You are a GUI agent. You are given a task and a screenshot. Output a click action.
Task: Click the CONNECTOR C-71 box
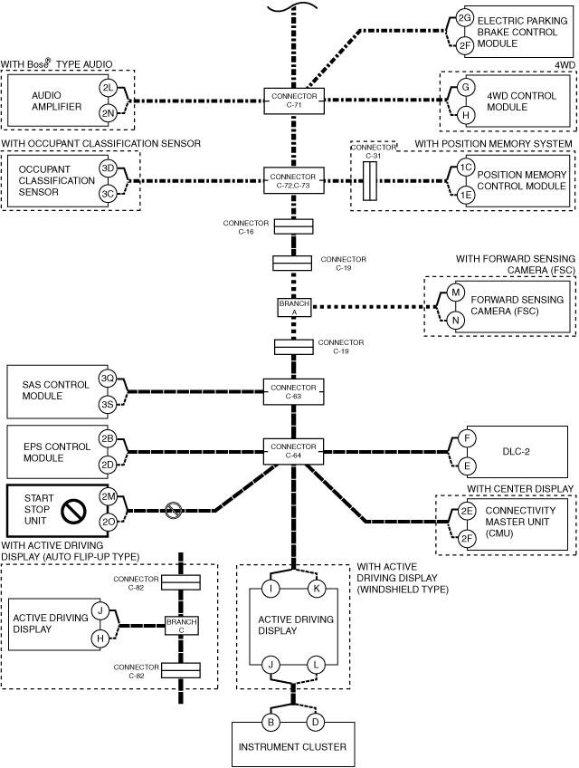(x=294, y=101)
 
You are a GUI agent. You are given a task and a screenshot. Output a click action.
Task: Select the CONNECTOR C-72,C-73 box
(x=294, y=181)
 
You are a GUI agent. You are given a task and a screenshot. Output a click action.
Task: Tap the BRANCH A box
(x=294, y=307)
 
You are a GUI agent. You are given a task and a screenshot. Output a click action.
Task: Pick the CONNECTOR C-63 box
(x=294, y=392)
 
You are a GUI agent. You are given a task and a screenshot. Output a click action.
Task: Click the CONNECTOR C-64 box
(x=294, y=451)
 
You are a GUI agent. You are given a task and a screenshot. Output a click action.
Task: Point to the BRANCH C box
(x=181, y=626)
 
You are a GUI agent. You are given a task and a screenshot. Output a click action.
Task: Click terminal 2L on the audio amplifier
(x=108, y=88)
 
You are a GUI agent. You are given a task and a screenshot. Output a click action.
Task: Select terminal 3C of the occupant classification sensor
(x=108, y=194)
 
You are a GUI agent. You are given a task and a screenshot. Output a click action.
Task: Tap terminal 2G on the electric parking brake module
(x=464, y=19)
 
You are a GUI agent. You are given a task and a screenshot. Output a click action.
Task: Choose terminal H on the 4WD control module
(x=465, y=115)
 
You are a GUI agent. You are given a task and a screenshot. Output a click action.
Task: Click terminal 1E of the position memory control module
(x=466, y=195)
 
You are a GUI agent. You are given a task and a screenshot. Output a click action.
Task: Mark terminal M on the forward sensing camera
(x=456, y=293)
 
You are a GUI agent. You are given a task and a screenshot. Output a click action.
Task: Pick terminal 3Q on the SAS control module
(x=107, y=379)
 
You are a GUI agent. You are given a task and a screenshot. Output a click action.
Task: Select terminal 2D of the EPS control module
(x=107, y=465)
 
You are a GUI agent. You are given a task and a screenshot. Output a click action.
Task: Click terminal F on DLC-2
(x=467, y=437)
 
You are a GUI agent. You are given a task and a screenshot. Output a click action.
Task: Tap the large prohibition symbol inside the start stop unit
(x=74, y=511)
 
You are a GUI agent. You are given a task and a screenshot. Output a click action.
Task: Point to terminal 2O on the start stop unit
(x=108, y=523)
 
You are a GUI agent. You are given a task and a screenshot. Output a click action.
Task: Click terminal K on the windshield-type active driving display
(x=316, y=588)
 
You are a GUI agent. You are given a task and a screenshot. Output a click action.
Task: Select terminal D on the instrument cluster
(x=316, y=722)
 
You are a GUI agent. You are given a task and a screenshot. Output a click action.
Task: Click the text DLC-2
(x=516, y=452)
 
